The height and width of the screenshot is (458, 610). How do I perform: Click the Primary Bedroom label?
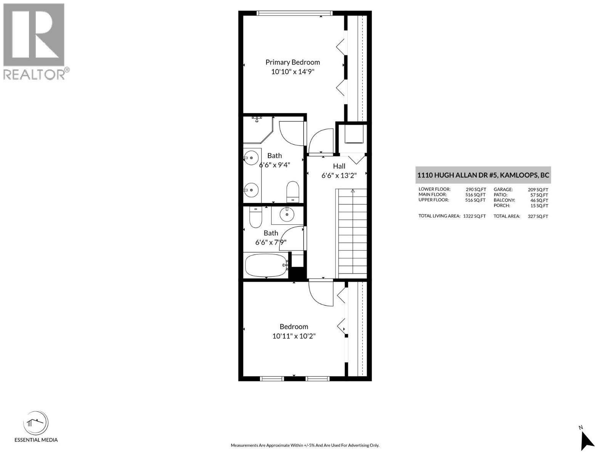tap(292, 62)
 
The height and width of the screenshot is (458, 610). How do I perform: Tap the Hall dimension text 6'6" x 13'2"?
tap(339, 176)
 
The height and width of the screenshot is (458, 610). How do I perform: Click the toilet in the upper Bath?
tap(293, 191)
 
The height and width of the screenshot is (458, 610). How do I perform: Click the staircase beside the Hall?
tap(352, 233)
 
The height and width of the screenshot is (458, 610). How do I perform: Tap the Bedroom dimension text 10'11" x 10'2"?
tap(294, 336)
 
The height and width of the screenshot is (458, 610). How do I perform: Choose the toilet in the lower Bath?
tap(255, 218)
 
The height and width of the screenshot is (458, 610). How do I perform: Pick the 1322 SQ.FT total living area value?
tap(474, 216)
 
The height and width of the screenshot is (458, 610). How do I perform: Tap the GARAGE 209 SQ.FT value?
tap(538, 189)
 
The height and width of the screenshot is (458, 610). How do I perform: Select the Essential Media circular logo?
tap(36, 423)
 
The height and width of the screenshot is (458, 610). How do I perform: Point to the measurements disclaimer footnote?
tap(305, 445)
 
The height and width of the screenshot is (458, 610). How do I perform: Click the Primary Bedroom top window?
tap(294, 13)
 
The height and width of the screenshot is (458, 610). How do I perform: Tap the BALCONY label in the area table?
tap(504, 200)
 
